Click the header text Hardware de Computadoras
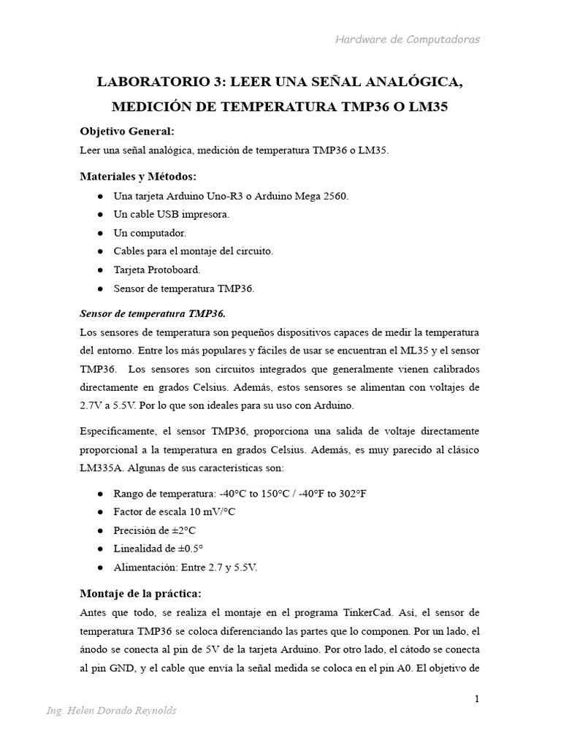[x=407, y=39]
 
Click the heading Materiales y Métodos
[x=138, y=177]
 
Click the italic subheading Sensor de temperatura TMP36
[x=152, y=314]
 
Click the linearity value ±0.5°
[x=188, y=549]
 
